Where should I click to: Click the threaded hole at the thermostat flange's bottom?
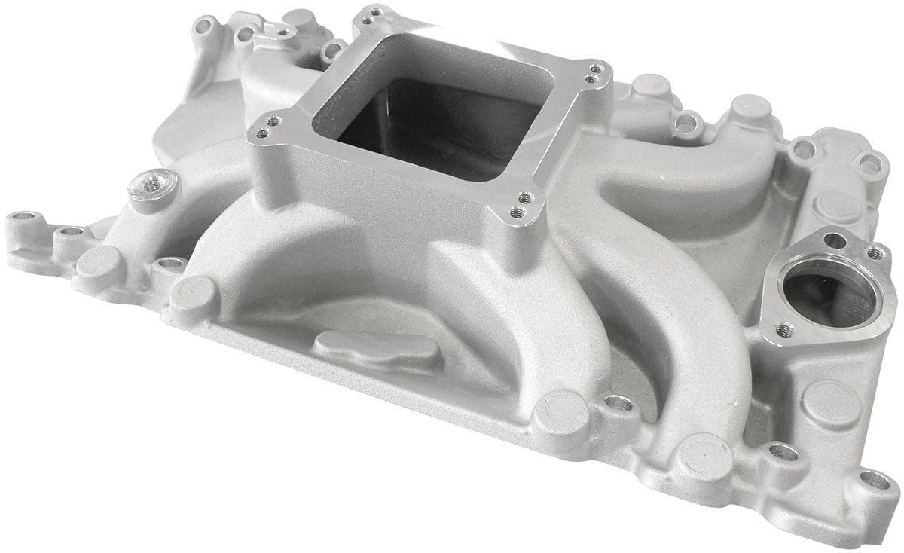[783, 329]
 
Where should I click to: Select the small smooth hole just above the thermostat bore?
[835, 241]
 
